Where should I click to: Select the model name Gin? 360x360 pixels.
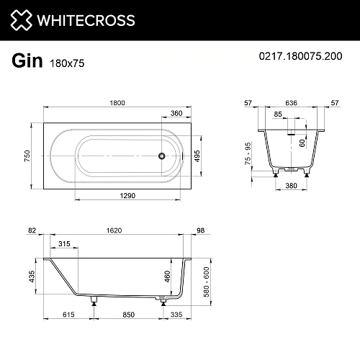coord(26,60)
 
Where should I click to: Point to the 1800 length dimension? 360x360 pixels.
coord(117,103)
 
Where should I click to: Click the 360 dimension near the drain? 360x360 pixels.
coord(176,112)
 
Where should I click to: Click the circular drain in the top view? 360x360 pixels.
coord(163,156)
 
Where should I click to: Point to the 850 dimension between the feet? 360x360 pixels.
coord(128,314)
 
